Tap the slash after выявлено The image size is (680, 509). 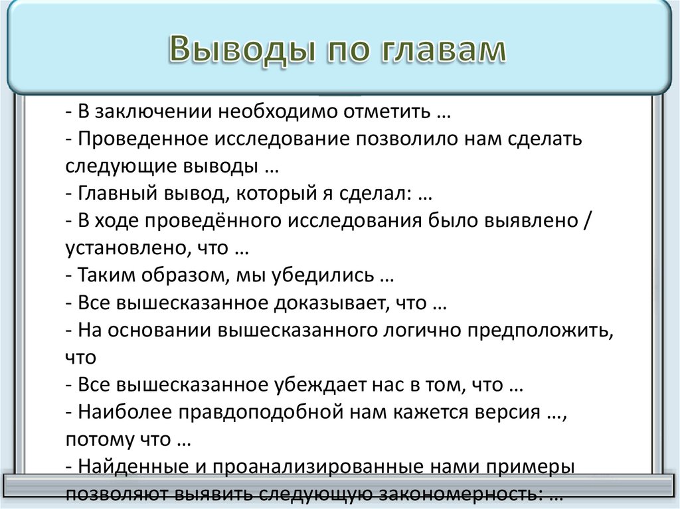[x=584, y=221]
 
